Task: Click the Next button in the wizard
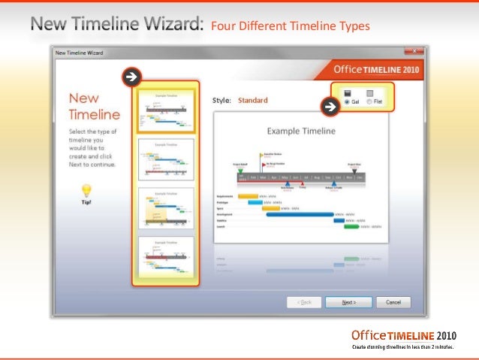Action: coord(348,302)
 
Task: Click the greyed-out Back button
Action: coord(305,302)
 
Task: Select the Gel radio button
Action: coord(346,101)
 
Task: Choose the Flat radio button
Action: coord(369,101)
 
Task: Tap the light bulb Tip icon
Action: coord(86,191)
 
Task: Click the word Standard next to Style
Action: coord(252,100)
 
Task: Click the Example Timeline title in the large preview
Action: coord(300,131)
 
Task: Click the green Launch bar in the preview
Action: coord(351,225)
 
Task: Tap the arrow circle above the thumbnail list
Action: coord(131,76)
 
